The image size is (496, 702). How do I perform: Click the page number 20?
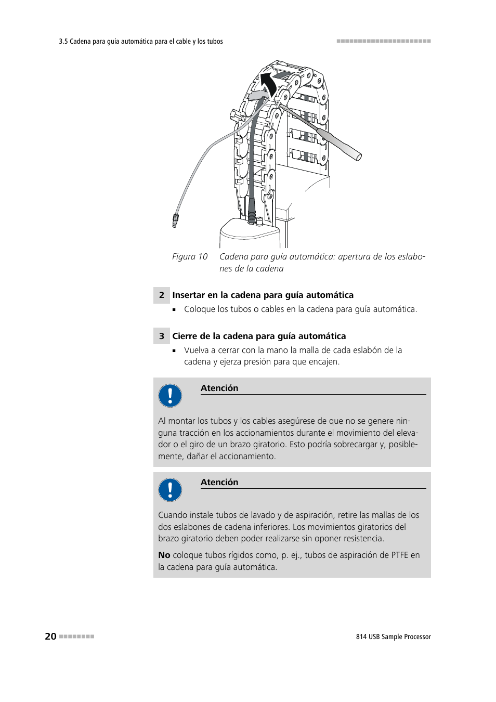50,636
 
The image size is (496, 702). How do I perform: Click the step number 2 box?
161,295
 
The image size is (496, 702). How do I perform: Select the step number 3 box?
161,336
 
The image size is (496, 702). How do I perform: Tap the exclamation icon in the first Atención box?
170,396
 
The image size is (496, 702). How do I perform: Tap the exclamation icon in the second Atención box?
170,490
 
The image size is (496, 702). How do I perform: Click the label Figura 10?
190,256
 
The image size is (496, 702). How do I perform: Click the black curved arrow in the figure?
268,83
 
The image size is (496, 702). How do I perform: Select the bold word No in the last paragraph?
164,555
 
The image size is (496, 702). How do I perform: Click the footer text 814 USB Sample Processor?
393,636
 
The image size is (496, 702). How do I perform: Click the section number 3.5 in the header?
63,42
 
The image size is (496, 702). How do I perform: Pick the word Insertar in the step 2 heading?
188,295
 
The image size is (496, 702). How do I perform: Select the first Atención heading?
219,388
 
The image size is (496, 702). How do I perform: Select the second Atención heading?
219,482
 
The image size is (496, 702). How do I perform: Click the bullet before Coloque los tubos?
175,309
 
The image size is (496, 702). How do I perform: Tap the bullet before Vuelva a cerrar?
175,350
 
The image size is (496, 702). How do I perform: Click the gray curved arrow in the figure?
258,96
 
